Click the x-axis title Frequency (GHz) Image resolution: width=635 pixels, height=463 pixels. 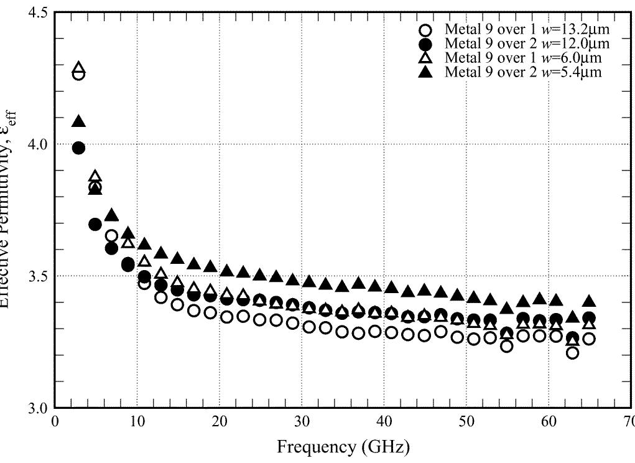[343, 447]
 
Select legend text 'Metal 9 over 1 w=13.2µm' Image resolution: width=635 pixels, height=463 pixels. [526, 29]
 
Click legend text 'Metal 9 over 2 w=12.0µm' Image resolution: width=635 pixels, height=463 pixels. [526, 44]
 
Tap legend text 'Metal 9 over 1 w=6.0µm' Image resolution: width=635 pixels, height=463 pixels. [522, 58]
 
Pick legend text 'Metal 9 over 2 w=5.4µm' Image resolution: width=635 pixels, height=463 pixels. [522, 72]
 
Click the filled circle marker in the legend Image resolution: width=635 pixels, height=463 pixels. [425, 44]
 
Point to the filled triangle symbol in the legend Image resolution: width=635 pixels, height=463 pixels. [425, 72]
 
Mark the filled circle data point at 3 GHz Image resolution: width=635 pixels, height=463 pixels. [78, 147]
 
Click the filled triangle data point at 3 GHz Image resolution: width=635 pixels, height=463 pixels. [78, 122]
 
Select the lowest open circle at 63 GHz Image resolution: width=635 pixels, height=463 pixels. [573, 353]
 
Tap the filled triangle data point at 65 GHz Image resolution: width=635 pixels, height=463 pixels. [589, 302]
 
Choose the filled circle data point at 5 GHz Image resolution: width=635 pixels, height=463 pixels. [95, 224]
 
